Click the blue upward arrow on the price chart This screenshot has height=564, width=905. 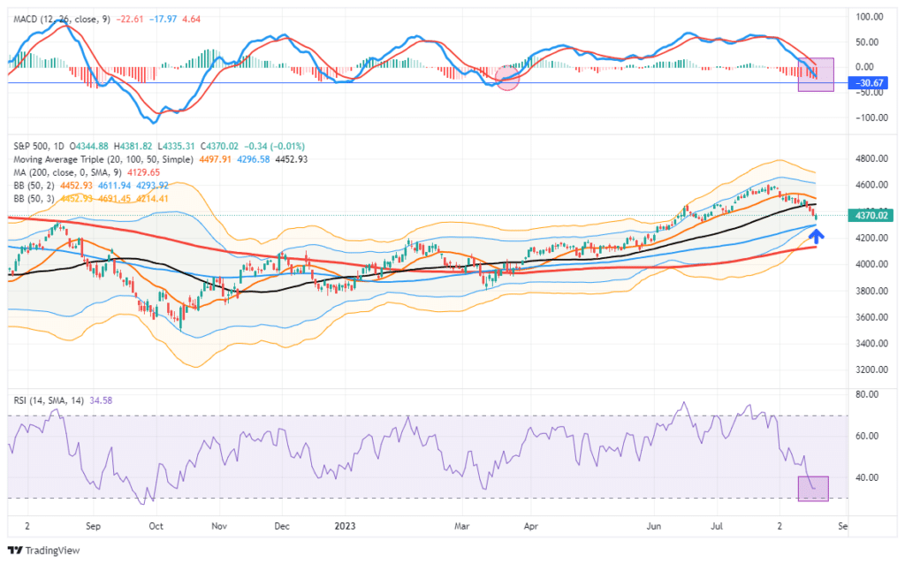(818, 236)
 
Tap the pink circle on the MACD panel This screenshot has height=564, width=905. (507, 79)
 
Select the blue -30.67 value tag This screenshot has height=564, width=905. (867, 83)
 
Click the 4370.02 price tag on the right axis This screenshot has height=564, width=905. (867, 215)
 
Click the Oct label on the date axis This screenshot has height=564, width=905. (156, 525)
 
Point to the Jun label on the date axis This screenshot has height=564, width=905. (654, 525)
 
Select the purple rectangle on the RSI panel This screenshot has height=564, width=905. (813, 489)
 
